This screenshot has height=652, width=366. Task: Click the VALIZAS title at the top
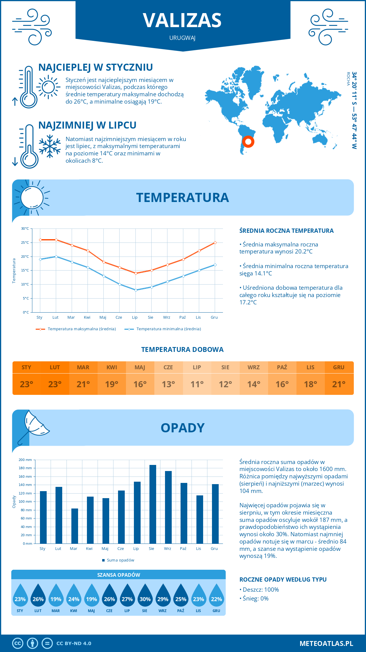pyautogui.click(x=182, y=20)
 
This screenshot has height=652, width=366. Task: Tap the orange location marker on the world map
pyautogui.click(x=248, y=141)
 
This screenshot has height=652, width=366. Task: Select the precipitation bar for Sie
pyautogui.click(x=152, y=504)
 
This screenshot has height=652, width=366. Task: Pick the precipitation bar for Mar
pyautogui.click(x=74, y=526)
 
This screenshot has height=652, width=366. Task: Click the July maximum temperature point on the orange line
pyautogui.click(x=136, y=273)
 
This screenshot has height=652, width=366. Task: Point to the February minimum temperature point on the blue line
pyautogui.click(x=56, y=257)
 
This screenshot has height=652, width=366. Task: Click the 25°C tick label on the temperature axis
pyautogui.click(x=25, y=243)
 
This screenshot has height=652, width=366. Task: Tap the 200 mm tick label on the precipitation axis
pyautogui.click(x=25, y=460)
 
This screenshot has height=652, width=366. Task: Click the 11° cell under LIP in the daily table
pyautogui.click(x=197, y=384)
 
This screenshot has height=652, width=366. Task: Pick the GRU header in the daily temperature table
pyautogui.click(x=339, y=367)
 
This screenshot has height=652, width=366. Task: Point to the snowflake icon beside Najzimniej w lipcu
pyautogui.click(x=50, y=146)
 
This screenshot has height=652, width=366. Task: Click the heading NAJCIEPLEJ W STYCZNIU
pyautogui.click(x=95, y=67)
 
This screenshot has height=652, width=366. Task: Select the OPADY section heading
pyautogui.click(x=182, y=428)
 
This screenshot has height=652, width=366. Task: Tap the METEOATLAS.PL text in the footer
pyautogui.click(x=326, y=643)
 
